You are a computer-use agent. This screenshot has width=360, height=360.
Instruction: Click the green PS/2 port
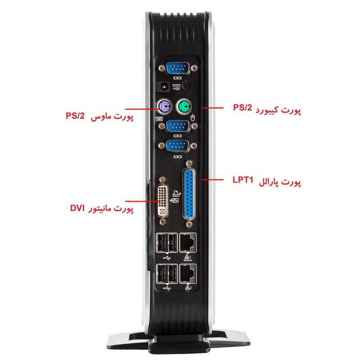184,107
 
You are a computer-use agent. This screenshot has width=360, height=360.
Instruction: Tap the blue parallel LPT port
189,194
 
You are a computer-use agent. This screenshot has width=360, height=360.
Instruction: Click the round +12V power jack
164,87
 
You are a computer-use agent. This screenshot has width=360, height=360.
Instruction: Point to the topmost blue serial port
177,68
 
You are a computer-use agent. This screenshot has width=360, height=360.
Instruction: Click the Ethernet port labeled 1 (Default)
188,243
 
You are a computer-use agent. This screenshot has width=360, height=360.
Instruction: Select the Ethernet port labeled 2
188,274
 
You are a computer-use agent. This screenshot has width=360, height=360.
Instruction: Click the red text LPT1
243,180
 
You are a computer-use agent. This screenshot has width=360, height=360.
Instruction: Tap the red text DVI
77,208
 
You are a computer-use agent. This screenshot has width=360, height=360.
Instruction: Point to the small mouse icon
193,117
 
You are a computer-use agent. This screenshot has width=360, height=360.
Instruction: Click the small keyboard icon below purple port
159,119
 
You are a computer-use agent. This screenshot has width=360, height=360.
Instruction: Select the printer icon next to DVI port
176,193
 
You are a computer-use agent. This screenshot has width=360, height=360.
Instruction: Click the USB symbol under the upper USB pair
167,258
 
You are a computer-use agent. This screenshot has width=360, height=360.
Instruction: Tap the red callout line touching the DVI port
142,201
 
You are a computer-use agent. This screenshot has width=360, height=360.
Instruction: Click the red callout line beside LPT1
212,180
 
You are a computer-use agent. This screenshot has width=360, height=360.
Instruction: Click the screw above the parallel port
189,163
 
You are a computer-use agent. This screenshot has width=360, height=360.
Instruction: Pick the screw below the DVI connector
162,222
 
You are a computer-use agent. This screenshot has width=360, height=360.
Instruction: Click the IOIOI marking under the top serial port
177,78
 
